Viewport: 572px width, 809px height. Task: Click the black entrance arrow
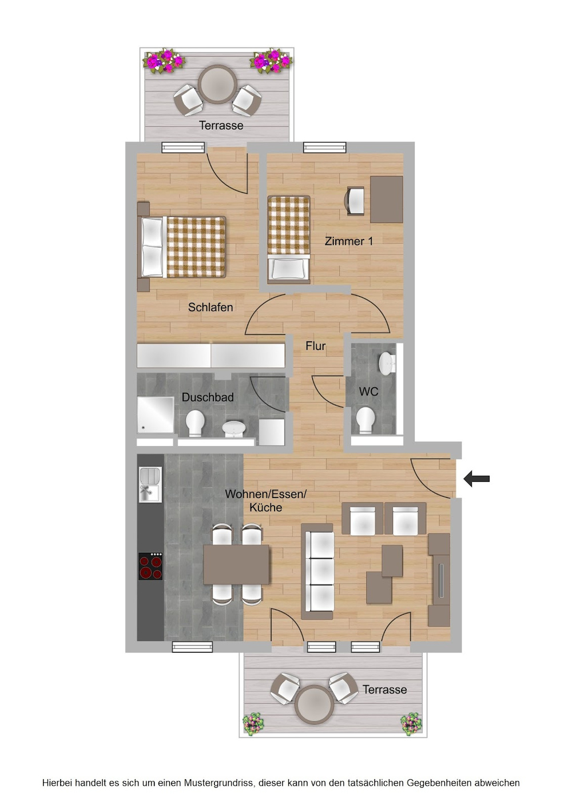pyautogui.click(x=476, y=479)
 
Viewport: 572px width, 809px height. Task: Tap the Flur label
pyautogui.click(x=315, y=346)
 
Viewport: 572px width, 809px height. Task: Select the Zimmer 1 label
pyautogui.click(x=348, y=241)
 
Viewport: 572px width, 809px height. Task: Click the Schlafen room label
pyautogui.click(x=210, y=308)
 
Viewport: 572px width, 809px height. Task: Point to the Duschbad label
pyautogui.click(x=208, y=397)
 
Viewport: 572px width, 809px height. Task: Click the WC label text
pyautogui.click(x=368, y=391)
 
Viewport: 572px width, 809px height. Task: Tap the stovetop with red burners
pyautogui.click(x=150, y=566)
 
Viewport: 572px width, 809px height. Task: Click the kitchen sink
pyautogui.click(x=150, y=484)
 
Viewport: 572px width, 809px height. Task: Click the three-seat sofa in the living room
pyautogui.click(x=317, y=571)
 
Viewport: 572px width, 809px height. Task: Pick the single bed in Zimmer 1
pyautogui.click(x=289, y=238)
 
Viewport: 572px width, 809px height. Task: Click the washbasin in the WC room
pyautogui.click(x=387, y=364)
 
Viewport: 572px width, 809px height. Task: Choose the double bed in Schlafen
pyautogui.click(x=181, y=246)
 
